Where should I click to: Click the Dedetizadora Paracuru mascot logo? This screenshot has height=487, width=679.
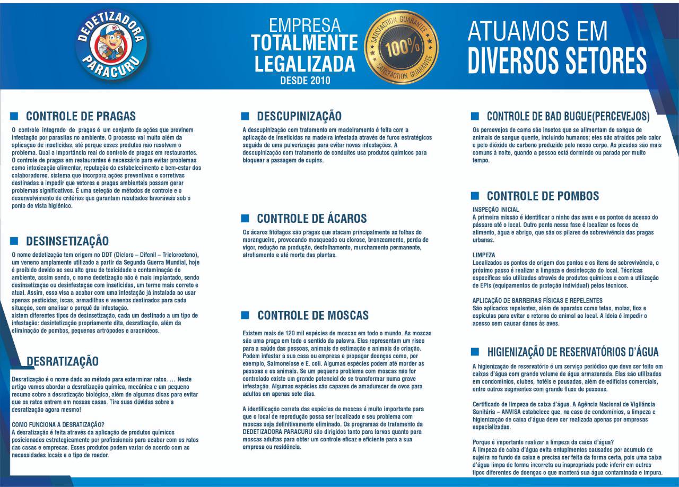tap(111, 45)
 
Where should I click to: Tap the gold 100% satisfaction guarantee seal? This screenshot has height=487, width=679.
tap(402, 47)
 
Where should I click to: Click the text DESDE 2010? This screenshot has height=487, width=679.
tap(305, 81)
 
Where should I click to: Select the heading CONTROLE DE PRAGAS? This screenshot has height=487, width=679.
tap(81, 116)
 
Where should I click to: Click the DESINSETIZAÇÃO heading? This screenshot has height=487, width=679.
tap(67, 241)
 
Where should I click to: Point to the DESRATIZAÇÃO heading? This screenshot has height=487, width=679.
tap(62, 361)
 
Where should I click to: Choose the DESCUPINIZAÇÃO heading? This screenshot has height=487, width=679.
tap(299, 116)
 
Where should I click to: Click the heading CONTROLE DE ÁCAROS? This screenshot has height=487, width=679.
tap(311, 219)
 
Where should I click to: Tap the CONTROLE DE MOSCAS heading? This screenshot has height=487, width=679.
tap(312, 316)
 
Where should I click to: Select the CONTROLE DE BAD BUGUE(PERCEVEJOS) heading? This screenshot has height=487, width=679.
tap(568, 116)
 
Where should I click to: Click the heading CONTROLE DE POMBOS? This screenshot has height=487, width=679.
tap(543, 196)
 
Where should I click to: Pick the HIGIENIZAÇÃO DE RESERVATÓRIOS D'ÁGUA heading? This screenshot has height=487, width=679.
tap(572, 352)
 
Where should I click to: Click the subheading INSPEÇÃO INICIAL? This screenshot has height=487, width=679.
tap(495, 210)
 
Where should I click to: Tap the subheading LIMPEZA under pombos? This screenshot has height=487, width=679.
tap(483, 255)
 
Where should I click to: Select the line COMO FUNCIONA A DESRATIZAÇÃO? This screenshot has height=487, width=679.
tap(58, 425)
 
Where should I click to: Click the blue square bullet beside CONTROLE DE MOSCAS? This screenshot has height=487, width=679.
tap(245, 315)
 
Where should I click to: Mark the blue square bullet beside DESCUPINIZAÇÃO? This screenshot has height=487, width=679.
tap(245, 116)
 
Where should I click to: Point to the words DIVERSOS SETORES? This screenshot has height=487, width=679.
tap(557, 60)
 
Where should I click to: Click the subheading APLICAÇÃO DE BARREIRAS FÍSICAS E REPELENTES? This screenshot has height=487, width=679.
tap(537, 300)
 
